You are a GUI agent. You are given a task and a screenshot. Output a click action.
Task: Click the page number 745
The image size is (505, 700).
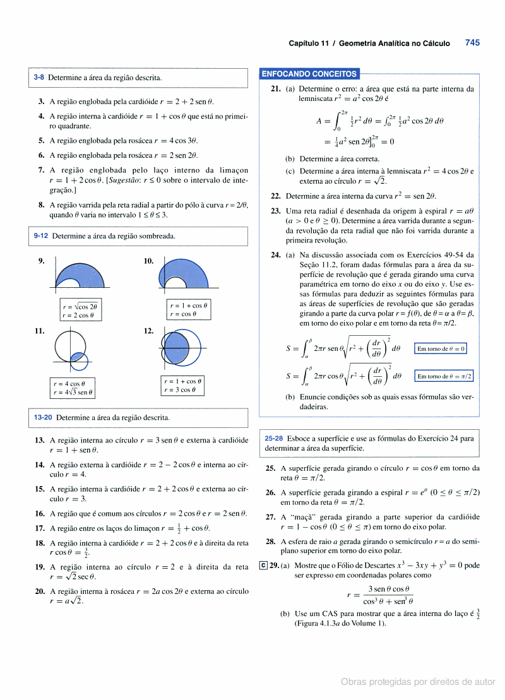coord(472,43)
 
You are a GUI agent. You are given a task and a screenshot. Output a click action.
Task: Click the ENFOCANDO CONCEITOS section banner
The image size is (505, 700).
coord(309,74)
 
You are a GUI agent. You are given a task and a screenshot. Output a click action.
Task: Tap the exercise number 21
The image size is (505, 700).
coord(275,89)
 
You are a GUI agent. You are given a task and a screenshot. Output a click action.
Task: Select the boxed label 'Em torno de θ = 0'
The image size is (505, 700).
coord(441,348)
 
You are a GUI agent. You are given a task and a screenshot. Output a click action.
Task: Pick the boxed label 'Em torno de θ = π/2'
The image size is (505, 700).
coord(444,376)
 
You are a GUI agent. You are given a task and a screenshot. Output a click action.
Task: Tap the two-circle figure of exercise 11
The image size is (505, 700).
coord(71,351)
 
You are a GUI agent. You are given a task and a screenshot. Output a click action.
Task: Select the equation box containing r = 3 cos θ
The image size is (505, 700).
coord(182,390)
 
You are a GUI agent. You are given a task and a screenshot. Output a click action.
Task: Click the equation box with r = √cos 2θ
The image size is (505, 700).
coord(80,306)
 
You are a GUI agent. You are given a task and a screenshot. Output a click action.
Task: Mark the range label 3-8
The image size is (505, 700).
coord(39,78)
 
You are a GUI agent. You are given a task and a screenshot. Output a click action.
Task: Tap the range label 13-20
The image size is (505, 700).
coord(43,417)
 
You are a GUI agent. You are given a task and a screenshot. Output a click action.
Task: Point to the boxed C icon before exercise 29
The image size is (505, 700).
coord(263,565)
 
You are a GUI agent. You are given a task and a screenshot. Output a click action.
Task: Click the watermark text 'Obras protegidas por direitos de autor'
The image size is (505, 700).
coord(418,682)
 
